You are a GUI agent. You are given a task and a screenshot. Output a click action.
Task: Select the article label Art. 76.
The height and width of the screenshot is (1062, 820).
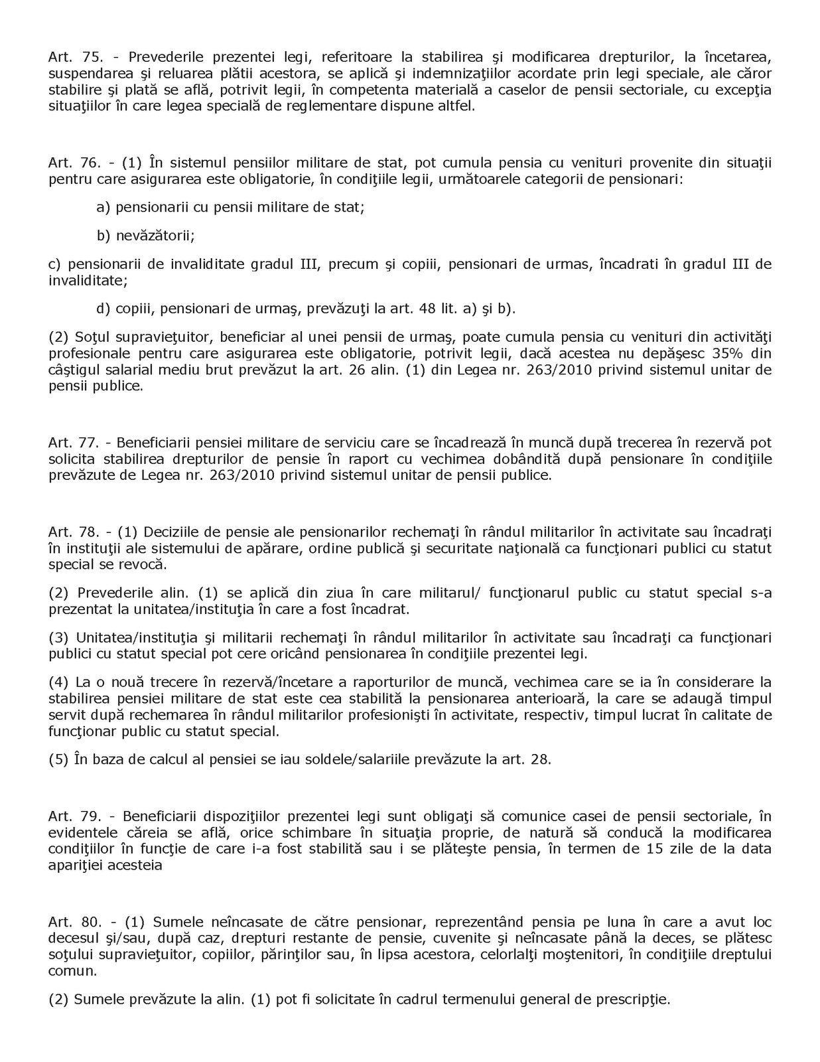tap(74, 163)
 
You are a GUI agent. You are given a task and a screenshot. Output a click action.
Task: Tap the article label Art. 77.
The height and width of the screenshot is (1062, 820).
tap(74, 443)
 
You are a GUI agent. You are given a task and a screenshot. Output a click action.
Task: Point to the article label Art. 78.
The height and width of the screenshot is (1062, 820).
tap(74, 532)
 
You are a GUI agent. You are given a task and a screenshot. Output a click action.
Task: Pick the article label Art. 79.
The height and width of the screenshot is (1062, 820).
tap(74, 816)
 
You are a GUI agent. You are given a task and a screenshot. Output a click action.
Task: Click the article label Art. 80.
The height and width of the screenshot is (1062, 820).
tap(74, 922)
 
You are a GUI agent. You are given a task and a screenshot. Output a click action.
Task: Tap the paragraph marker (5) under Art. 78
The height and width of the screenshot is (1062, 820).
tap(58, 759)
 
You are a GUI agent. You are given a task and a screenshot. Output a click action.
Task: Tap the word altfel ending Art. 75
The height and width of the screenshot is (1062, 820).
tap(457, 106)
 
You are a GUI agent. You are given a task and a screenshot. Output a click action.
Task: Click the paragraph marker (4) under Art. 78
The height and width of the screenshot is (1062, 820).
tap(58, 682)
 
